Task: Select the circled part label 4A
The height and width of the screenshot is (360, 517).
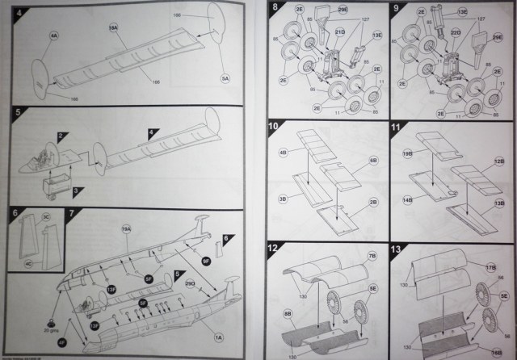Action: tap(53, 36)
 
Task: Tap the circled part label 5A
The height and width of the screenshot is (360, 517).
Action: tap(225, 77)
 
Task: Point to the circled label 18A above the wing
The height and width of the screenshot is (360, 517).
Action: tap(113, 27)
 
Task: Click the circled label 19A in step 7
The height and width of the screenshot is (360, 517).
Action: tap(126, 230)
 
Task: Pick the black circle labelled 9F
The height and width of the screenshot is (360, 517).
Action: tap(206, 261)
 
